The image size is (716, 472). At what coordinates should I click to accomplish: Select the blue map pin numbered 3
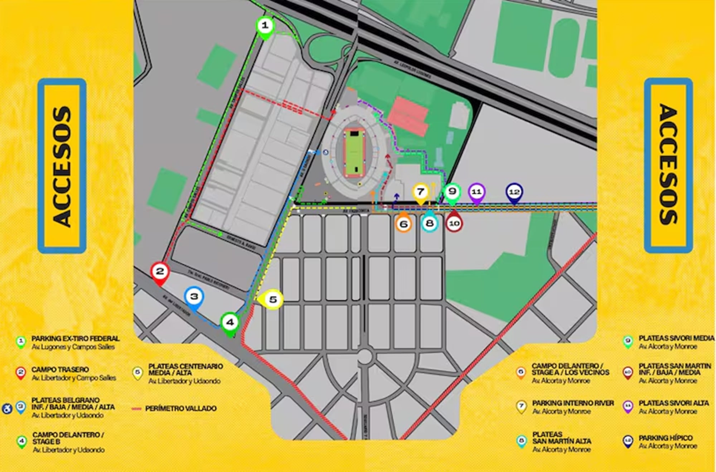tap(194, 297)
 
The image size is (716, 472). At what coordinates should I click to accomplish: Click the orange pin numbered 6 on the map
tap(403, 224)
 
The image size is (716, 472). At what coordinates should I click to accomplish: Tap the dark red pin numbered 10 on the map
tap(454, 223)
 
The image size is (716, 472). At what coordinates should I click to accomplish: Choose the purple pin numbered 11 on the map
tap(476, 192)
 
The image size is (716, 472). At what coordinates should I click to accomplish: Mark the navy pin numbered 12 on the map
tap(514, 192)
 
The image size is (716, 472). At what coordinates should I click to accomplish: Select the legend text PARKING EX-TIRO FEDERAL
tap(75, 338)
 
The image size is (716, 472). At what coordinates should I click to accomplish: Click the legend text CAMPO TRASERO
tap(60, 369)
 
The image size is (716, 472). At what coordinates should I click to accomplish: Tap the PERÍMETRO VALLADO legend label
tap(181, 408)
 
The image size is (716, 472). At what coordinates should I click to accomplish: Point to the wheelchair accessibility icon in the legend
tap(7, 408)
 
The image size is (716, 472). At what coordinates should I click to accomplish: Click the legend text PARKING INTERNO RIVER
tap(573, 403)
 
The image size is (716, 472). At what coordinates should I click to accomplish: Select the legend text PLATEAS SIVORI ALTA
tap(673, 403)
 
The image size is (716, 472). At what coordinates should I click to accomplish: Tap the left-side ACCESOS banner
tap(62, 166)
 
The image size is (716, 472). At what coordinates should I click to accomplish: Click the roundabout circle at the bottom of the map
tap(364, 356)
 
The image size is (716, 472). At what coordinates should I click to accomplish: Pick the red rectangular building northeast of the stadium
tap(408, 116)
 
